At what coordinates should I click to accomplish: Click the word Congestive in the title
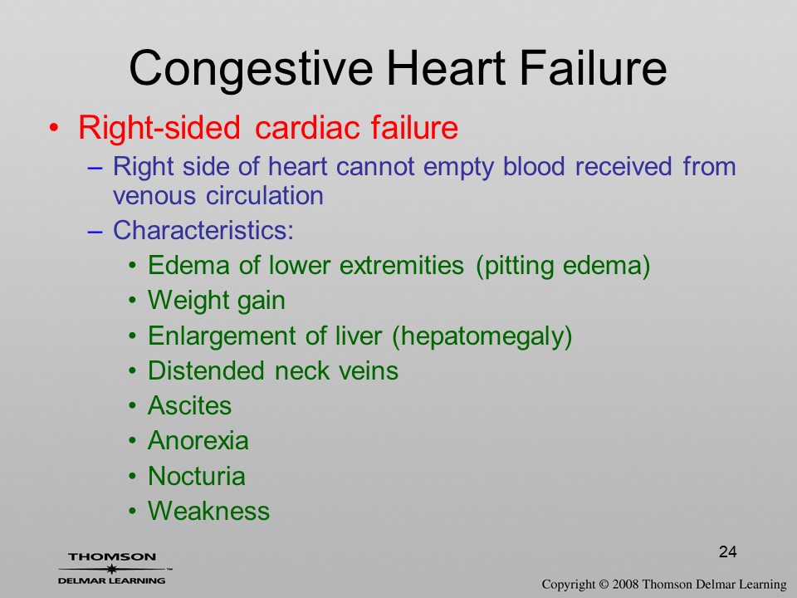pos(252,70)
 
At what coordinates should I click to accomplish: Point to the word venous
pos(154,196)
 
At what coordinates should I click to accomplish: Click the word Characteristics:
pos(203,230)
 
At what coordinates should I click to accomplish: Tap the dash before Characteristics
pos(95,231)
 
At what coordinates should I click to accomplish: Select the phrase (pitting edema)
pos(563,267)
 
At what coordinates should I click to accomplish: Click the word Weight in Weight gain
pos(187,300)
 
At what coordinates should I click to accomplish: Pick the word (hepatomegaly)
pos(482,336)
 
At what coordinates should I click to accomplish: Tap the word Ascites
pos(189,406)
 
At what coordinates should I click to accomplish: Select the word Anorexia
pos(198,441)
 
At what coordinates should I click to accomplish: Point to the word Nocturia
pos(197,476)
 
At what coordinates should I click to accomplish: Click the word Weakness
pos(208,511)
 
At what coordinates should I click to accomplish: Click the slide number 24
pos(728,551)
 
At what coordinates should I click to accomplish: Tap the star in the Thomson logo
pos(111,569)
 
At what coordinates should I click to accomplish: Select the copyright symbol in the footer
pos(604,585)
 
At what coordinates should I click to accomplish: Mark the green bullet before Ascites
pos(133,406)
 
